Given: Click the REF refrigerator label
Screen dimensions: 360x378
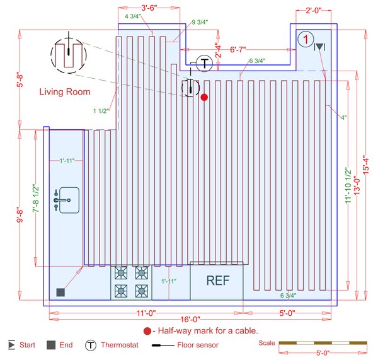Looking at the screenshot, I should (217, 281).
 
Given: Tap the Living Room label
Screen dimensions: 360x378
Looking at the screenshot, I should (65, 91).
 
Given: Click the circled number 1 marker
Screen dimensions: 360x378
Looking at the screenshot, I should (305, 40).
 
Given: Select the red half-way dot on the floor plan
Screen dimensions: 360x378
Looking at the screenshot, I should (203, 97).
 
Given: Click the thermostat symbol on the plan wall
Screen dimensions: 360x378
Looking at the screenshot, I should (204, 63).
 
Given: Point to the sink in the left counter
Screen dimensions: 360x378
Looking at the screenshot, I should (66, 199).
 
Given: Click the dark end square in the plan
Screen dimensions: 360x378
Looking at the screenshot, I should (60, 292).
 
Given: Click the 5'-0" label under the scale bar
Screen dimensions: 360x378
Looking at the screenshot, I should (323, 353).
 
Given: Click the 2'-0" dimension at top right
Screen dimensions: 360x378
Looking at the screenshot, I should (313, 10).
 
